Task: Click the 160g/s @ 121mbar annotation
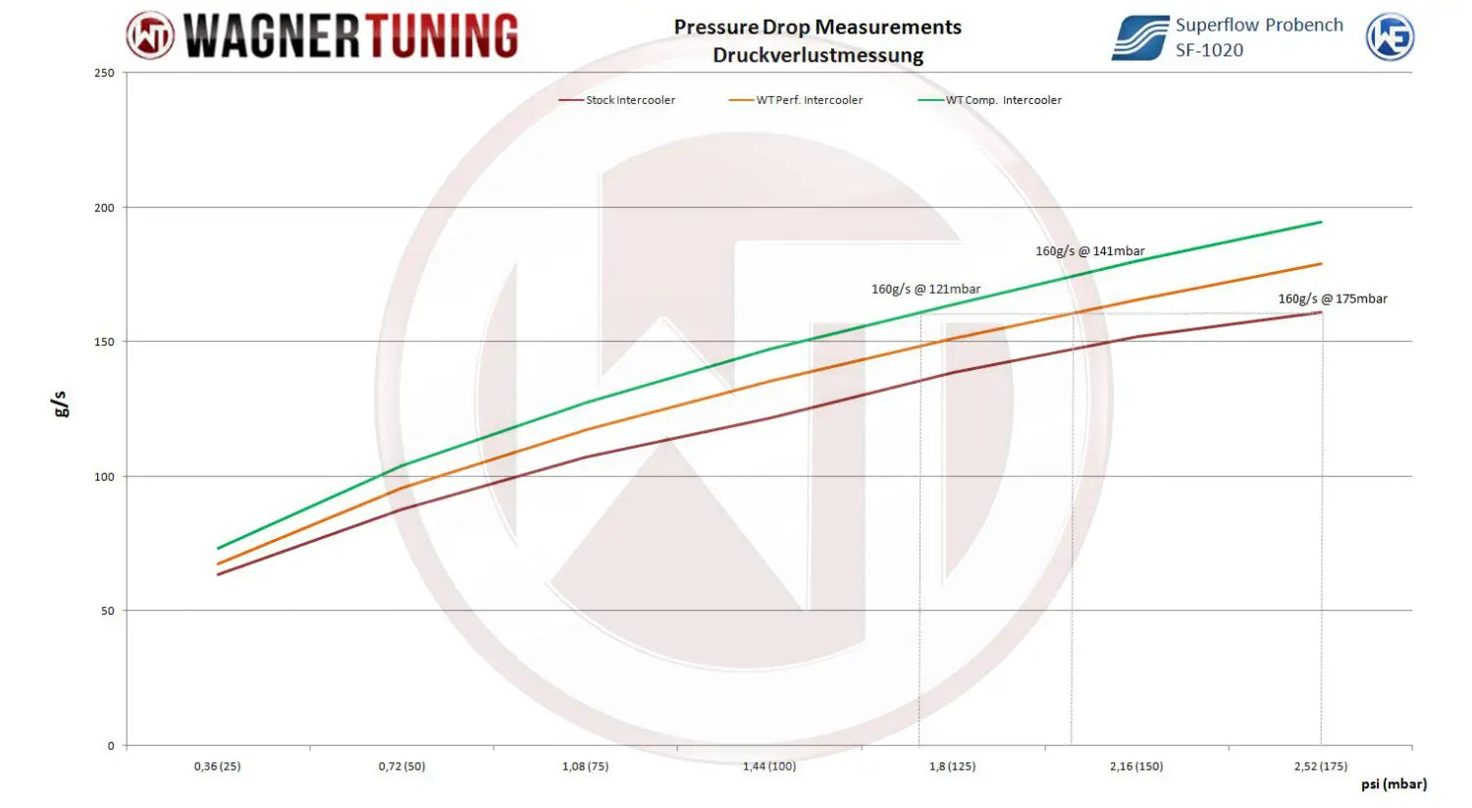pyautogui.click(x=925, y=290)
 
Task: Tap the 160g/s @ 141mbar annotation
pyautogui.click(x=1089, y=251)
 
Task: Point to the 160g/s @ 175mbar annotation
pyautogui.click(x=1332, y=299)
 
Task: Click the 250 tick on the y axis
pyautogui.click(x=104, y=73)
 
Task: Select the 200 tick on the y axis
pyautogui.click(x=104, y=208)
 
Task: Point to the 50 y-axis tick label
pyautogui.click(x=107, y=611)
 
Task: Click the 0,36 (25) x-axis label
pyautogui.click(x=217, y=766)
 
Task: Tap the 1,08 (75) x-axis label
pyautogui.click(x=585, y=766)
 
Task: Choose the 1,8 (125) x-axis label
pyautogui.click(x=952, y=766)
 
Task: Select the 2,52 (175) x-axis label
pyautogui.click(x=1320, y=766)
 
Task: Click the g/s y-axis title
pyautogui.click(x=61, y=404)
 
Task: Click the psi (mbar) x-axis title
pyautogui.click(x=1393, y=784)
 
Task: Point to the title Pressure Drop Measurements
pyautogui.click(x=817, y=27)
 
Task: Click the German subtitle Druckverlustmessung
pyautogui.click(x=817, y=56)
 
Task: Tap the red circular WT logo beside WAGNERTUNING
pyautogui.click(x=150, y=36)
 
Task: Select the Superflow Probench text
pyautogui.click(x=1259, y=26)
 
